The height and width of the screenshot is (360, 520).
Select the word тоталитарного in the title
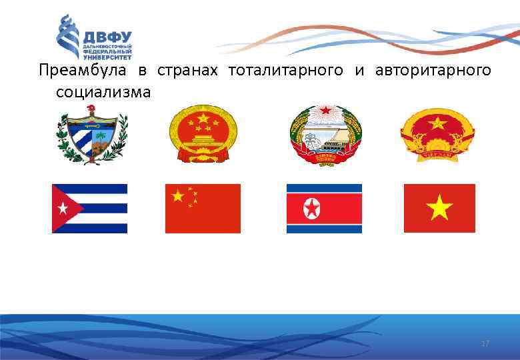point(286,70)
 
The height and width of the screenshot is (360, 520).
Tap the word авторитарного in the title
point(433,70)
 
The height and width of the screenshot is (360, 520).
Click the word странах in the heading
point(187,70)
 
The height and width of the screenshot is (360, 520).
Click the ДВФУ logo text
point(107,37)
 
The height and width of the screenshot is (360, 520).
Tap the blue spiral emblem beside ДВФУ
point(68,37)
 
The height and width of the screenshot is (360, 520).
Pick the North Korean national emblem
point(325,133)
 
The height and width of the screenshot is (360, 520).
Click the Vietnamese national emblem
point(437,133)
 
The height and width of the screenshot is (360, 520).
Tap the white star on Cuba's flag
point(63,209)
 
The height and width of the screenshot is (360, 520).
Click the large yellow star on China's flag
point(178,196)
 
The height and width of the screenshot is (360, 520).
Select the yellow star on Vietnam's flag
point(439,209)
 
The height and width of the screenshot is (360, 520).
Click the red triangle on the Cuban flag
point(65,209)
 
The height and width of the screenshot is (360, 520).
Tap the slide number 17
point(485,343)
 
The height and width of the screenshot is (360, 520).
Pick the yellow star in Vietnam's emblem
point(437,123)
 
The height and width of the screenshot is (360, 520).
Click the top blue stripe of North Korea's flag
point(324,187)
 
